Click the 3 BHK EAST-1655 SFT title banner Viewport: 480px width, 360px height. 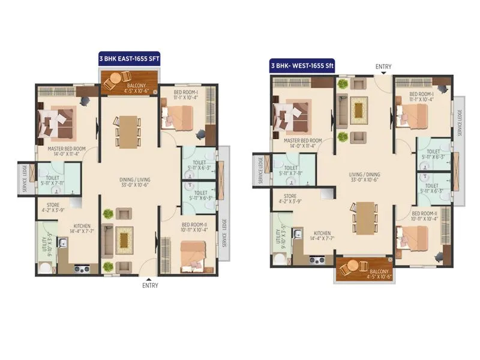click(x=129, y=59)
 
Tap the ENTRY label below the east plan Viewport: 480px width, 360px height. click(x=150, y=286)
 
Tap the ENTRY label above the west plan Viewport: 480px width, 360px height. click(x=383, y=67)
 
